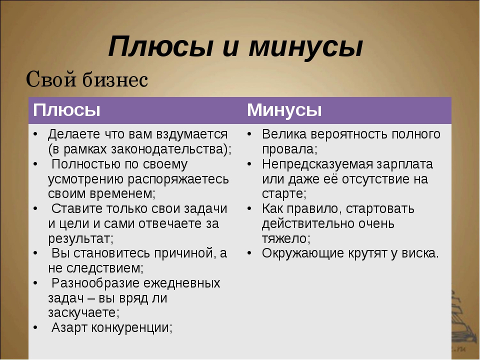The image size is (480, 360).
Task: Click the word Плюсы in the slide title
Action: tap(160, 46)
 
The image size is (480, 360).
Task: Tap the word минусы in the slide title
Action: tap(305, 46)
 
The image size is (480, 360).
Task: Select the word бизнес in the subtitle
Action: tap(115, 79)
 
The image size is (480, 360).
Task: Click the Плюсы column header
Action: tap(66, 110)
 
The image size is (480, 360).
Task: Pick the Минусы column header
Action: tap(284, 110)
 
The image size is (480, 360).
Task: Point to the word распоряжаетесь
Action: tap(178, 179)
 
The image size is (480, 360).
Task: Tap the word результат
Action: tap(79, 239)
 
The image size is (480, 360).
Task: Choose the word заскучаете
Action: tap(82, 313)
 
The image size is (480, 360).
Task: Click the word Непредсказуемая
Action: tap(317, 164)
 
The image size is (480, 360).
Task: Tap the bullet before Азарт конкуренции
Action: tap(36, 328)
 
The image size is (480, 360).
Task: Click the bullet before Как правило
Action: tap(250, 209)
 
